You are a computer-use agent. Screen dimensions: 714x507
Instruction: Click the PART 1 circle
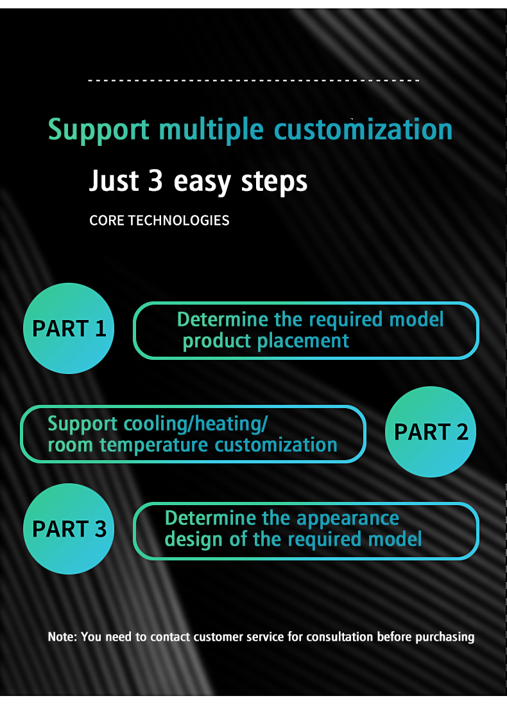coord(69,328)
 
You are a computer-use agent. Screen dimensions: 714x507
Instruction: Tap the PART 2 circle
coord(431,432)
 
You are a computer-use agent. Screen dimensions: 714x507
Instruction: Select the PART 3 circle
coord(69,529)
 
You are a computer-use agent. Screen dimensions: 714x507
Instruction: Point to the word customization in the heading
coord(363,129)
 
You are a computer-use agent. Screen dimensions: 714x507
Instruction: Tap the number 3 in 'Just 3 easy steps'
coord(155,181)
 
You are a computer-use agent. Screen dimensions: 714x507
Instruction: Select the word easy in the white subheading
coord(202,183)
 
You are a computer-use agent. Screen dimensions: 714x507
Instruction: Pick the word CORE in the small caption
coord(107,220)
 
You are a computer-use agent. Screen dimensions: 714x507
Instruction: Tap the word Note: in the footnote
coord(62,637)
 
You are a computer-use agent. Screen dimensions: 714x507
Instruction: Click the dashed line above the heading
coord(253,81)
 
